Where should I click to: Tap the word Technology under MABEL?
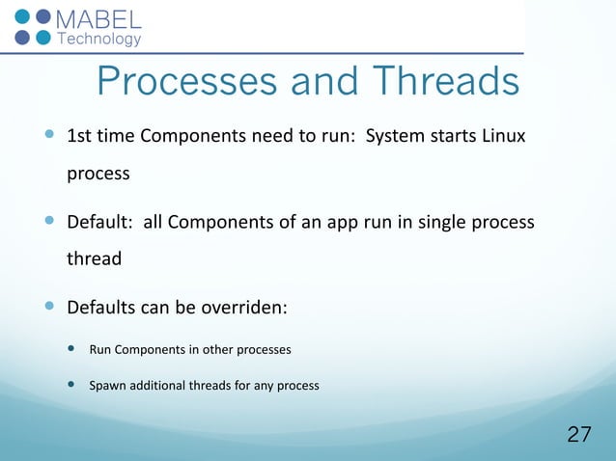(100, 40)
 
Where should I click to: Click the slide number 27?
(578, 434)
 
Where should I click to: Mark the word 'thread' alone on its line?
(94, 259)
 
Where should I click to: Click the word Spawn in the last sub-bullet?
(108, 386)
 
